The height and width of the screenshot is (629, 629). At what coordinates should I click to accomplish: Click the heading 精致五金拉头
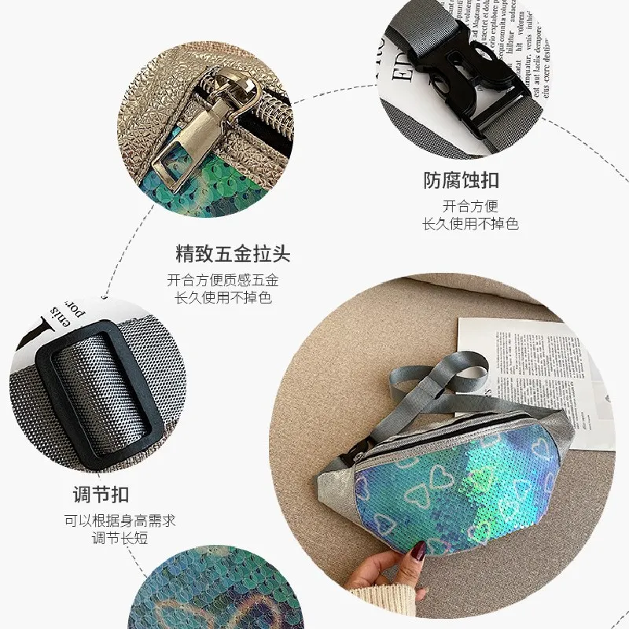[x=233, y=254]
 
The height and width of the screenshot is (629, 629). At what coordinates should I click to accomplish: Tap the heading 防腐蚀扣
[x=461, y=181]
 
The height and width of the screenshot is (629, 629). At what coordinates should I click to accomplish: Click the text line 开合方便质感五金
[x=223, y=279]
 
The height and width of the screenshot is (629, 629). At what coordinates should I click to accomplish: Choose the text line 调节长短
[x=120, y=539]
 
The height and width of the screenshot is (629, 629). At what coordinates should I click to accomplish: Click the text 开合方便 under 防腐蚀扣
[x=470, y=206]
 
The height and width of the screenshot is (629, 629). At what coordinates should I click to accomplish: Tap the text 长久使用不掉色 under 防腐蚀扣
[x=470, y=224]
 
